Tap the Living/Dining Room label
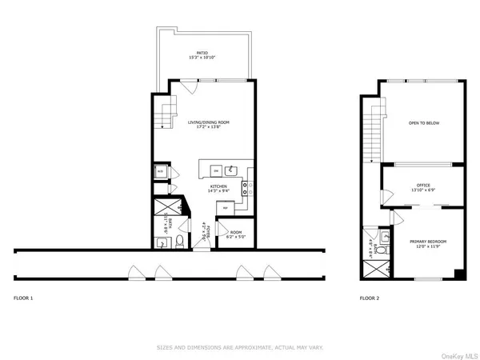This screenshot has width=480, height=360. tap(209, 124)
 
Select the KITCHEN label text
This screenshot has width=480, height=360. tap(218, 189)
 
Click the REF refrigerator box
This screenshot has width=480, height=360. tap(226, 207)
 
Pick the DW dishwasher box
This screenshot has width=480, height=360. tap(214, 170)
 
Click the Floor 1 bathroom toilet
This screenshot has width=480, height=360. tap(182, 240)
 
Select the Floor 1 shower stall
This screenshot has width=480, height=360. tap(163, 210)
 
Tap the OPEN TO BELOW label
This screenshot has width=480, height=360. tap(423, 124)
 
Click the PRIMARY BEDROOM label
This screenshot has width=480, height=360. tap(428, 242)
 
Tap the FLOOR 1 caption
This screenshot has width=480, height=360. tap(24, 297)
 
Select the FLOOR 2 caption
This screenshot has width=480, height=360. tap(369, 297)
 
